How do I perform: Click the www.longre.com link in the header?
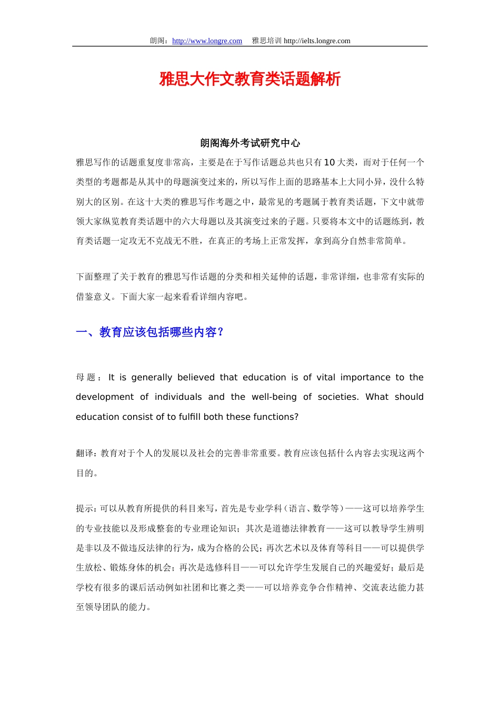click(207, 41)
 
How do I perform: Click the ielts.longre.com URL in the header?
click(317, 41)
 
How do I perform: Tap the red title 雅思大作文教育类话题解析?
click(250, 79)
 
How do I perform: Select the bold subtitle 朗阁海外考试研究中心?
click(250, 143)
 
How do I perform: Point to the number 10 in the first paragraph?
click(329, 162)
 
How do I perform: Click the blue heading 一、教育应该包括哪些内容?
click(150, 332)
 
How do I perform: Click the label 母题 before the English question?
click(86, 378)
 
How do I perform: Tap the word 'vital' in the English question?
click(326, 378)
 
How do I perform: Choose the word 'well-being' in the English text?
click(274, 397)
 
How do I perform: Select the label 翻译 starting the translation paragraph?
click(85, 454)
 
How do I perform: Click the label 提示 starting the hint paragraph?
click(85, 509)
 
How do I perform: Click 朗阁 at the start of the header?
click(158, 41)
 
